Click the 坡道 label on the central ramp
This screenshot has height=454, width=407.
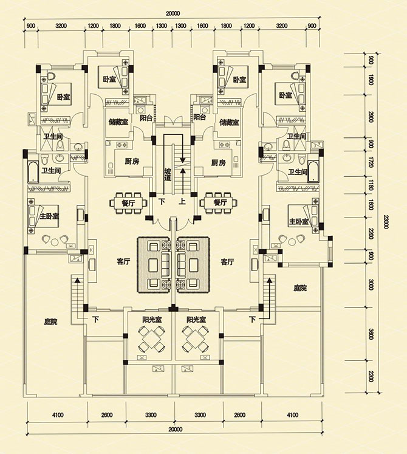tap(168, 174)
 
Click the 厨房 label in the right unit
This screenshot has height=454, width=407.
tap(218, 163)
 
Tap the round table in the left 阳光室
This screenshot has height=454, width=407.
tap(151, 334)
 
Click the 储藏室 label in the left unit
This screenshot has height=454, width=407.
tap(118, 122)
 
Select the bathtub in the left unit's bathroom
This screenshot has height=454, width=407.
tap(32, 173)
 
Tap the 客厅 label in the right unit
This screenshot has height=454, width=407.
tap(228, 263)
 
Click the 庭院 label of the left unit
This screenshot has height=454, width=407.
tap(50, 320)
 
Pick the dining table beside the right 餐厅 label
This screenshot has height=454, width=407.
tap(217, 201)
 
